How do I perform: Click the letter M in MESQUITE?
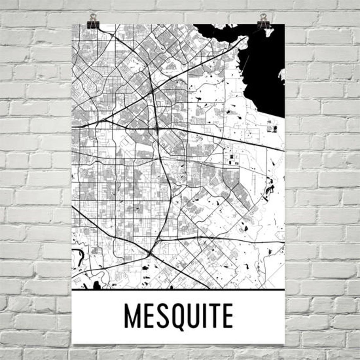pos(132,315)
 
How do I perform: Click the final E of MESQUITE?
pos(228,315)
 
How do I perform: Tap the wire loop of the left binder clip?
pos(93,16)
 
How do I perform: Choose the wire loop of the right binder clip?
pos(263,16)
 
